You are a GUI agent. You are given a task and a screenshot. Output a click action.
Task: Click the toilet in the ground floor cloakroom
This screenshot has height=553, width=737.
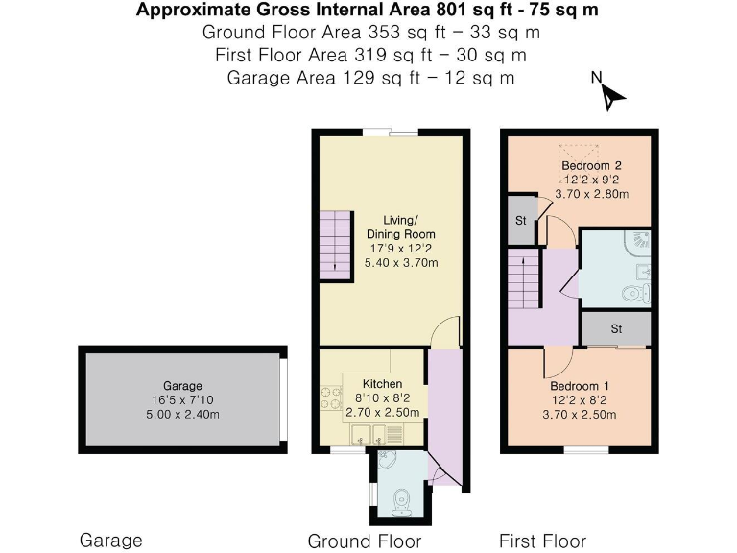pyautogui.click(x=401, y=498)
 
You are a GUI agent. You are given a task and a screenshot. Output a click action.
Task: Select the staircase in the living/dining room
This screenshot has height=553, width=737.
pyautogui.click(x=335, y=243)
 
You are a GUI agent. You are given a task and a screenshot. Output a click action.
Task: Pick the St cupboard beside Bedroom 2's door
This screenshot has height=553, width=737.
pyautogui.click(x=521, y=221)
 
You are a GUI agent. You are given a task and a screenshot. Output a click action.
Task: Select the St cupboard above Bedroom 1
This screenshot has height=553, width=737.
pyautogui.click(x=616, y=329)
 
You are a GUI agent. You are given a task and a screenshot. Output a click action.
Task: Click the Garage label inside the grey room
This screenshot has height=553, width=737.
pyautogui.click(x=182, y=386)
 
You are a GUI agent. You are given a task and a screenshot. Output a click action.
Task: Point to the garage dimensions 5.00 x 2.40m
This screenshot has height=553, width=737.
pyautogui.click(x=182, y=415)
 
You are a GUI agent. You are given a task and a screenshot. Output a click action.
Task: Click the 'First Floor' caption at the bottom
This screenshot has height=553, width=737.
pyautogui.click(x=542, y=541)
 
